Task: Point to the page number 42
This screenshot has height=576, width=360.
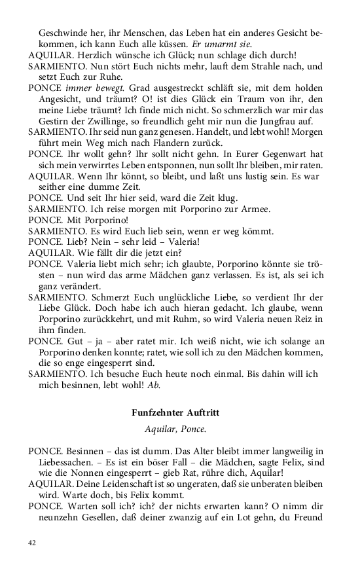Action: click(x=33, y=543)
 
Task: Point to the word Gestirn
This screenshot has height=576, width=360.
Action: click(x=54, y=122)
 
